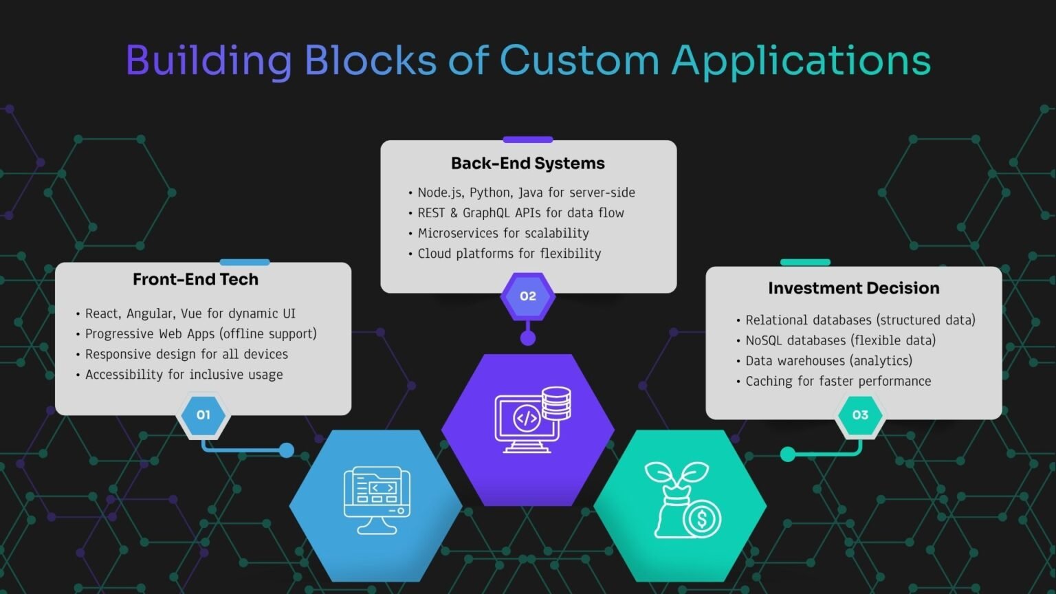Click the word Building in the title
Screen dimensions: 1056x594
click(209, 60)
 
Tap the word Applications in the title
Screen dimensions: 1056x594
click(801, 60)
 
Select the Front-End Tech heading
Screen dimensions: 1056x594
click(196, 279)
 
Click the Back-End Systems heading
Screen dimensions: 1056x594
click(528, 163)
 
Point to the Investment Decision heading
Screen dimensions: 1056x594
click(854, 288)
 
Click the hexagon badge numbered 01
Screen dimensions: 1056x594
click(203, 415)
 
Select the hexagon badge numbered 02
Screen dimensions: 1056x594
click(528, 296)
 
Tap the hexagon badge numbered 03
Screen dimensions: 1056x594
click(860, 415)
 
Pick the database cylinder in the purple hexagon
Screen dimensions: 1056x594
click(556, 403)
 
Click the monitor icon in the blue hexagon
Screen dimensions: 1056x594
click(377, 500)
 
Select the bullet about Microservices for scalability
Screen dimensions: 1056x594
click(498, 233)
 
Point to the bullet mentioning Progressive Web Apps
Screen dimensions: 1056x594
click(196, 333)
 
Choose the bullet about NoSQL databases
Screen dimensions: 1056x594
click(836, 340)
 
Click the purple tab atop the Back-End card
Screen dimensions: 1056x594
click(528, 140)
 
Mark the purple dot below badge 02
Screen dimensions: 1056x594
click(528, 338)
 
